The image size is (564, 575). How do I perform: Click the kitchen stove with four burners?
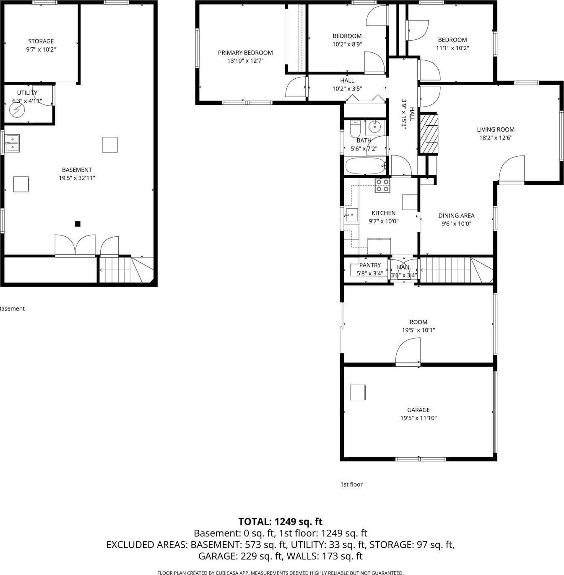[x=382, y=185]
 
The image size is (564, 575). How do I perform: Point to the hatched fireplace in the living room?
[x=429, y=133]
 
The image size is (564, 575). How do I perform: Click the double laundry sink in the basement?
[x=12, y=143]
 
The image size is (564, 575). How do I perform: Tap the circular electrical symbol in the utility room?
[x=17, y=110]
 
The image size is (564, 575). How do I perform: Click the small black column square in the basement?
[x=78, y=224]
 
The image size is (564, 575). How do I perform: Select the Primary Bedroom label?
[x=245, y=53]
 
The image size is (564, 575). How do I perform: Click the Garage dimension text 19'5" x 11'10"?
[x=418, y=418]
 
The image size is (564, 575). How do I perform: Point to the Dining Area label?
[x=456, y=215]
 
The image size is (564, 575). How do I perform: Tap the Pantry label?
[x=370, y=265]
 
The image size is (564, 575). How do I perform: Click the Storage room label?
[x=41, y=41]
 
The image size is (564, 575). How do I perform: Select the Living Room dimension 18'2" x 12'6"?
[x=495, y=138]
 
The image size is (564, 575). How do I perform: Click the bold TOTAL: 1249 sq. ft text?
[x=281, y=522]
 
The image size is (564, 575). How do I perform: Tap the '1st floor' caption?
[x=351, y=484]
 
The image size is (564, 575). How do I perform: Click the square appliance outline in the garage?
[x=358, y=392]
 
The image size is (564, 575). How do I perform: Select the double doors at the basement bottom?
[x=75, y=245]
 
